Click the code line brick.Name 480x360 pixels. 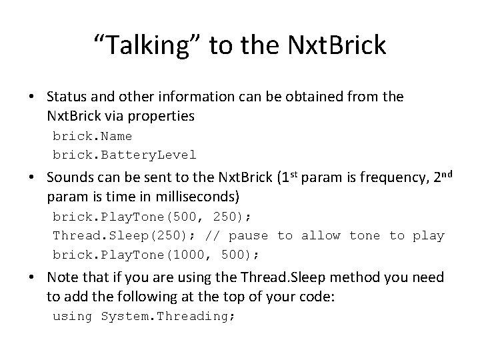coord(92,136)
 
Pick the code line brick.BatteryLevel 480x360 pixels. coord(124,155)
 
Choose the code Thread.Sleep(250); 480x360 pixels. coord(120,235)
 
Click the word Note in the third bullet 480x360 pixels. coord(63,277)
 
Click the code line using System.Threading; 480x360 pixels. coord(143,316)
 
